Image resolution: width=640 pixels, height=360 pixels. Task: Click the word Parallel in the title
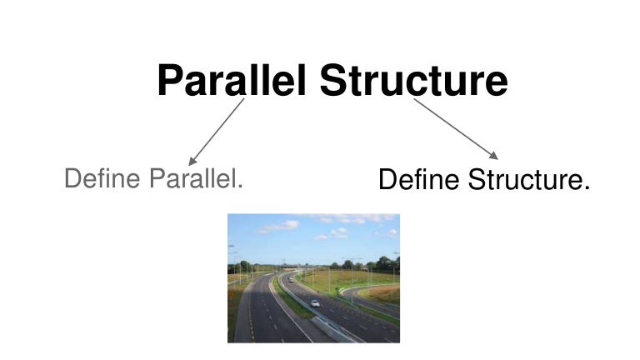point(232,80)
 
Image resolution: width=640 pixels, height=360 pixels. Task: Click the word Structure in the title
point(414,80)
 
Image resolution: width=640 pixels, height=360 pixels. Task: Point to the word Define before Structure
point(419,179)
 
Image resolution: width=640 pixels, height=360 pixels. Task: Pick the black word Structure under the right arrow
point(526,179)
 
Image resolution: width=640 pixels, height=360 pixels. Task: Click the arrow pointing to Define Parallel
point(217,132)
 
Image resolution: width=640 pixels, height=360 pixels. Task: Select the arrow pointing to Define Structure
point(456,129)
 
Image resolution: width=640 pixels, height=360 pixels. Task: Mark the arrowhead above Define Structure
point(493,156)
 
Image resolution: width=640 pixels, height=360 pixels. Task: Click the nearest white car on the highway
point(315,303)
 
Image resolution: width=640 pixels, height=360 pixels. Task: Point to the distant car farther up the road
point(291,280)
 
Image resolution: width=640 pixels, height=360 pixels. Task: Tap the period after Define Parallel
point(240,187)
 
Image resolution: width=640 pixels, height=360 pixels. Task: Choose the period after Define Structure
point(587,187)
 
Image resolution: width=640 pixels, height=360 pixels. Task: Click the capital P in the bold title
point(170,80)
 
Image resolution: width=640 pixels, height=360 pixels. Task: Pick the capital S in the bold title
point(333,80)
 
